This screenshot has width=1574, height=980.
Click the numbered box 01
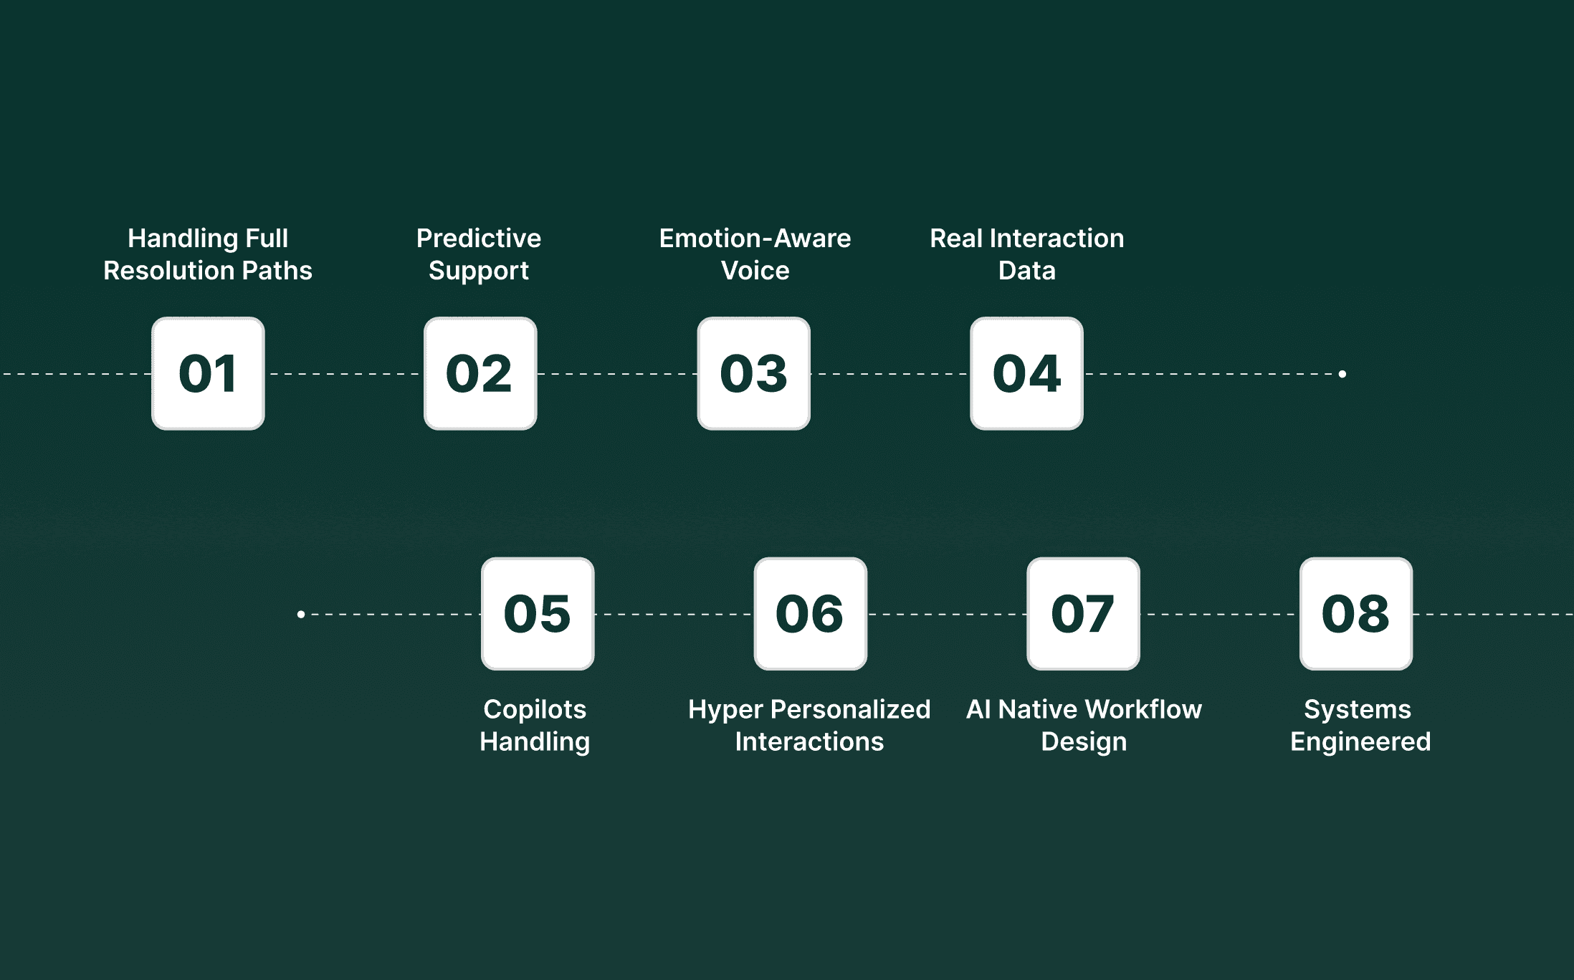click(208, 373)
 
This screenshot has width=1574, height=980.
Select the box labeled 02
click(480, 373)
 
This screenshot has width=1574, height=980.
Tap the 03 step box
click(754, 373)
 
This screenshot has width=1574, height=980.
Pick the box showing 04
click(1026, 373)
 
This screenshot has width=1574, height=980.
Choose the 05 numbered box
click(538, 614)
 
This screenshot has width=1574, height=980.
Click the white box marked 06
click(811, 614)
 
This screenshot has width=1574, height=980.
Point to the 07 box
click(1083, 614)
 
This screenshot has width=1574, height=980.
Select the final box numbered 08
click(1356, 614)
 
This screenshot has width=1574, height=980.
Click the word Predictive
click(479, 238)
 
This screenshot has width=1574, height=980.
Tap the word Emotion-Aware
click(755, 238)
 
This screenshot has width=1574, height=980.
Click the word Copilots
click(535, 709)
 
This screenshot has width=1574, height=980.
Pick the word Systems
click(1357, 710)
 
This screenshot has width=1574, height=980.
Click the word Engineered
click(1360, 741)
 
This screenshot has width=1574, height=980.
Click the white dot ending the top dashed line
click(1342, 374)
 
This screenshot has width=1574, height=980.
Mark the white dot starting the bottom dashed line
click(301, 614)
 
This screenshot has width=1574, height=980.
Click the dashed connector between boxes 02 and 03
click(617, 374)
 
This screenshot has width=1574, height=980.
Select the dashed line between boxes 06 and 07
click(947, 615)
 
